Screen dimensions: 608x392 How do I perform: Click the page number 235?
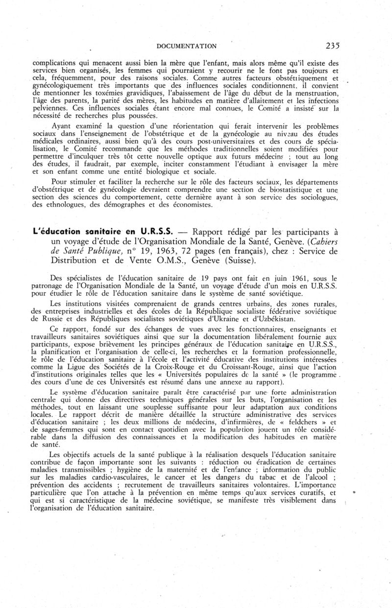pos(332,46)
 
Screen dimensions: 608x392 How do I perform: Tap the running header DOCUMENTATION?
pos(186,46)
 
